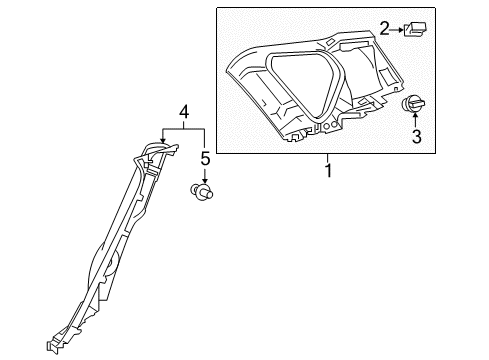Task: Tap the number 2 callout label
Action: (x=383, y=30)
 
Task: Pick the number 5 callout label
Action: (x=204, y=159)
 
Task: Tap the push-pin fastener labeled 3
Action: (x=414, y=106)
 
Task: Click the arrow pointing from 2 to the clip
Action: (x=398, y=30)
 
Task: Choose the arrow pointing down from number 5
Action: (x=204, y=174)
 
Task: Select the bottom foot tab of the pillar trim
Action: (x=53, y=348)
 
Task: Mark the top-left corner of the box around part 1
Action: (x=217, y=7)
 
